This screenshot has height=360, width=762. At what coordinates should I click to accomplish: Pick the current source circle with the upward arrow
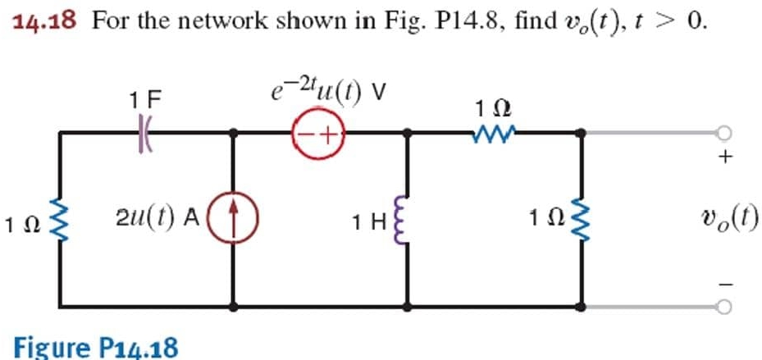pos(236,219)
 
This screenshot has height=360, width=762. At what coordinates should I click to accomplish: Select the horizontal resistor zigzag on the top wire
pos(495,132)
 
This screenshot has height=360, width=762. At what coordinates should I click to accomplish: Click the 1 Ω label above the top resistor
pos(495,107)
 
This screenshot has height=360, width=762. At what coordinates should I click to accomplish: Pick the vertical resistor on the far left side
pos(60,220)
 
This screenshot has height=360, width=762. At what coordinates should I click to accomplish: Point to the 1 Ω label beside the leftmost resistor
pos(21,222)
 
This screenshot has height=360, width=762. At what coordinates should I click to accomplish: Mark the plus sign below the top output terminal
pos(723,158)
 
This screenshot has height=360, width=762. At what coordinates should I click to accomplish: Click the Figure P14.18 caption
pos(95,346)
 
